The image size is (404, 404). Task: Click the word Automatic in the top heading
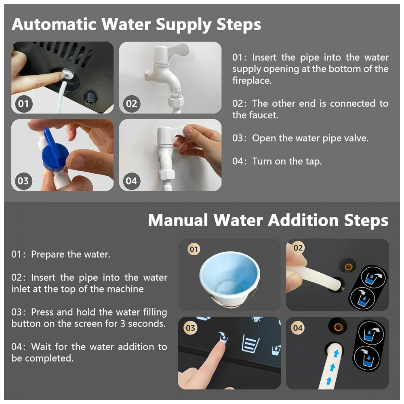click(x=54, y=24)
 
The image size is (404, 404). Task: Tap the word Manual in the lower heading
click(x=178, y=220)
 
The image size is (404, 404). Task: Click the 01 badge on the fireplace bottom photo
click(x=23, y=103)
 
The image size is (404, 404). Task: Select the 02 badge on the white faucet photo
click(x=131, y=103)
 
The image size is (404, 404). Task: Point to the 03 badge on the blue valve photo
click(x=23, y=181)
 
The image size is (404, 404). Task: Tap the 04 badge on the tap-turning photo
click(x=131, y=181)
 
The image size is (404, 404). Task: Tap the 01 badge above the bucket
click(x=194, y=249)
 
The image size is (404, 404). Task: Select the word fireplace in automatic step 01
click(x=252, y=80)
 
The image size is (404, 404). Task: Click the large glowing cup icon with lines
click(x=250, y=343)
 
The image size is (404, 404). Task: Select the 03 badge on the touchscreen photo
click(x=190, y=328)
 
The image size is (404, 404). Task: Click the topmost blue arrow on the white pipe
click(x=336, y=353)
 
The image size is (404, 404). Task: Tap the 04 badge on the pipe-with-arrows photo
click(x=298, y=328)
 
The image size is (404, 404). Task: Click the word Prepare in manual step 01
click(x=48, y=255)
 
